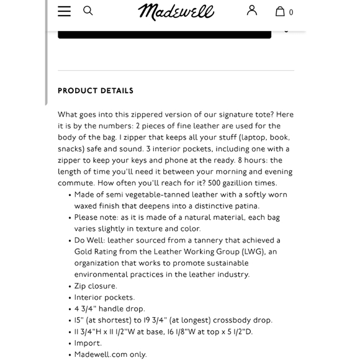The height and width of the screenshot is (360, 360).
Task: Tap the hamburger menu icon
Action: [x=64, y=11]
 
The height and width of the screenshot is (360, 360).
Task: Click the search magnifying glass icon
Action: [x=88, y=11]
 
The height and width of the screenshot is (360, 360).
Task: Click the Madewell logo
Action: [x=176, y=11]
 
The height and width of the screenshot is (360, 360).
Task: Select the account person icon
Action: [x=252, y=11]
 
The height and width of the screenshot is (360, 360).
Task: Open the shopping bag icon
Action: [x=281, y=11]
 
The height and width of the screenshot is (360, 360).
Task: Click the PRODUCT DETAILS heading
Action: [x=96, y=91]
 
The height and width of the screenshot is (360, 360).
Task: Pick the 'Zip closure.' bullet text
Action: [x=96, y=286]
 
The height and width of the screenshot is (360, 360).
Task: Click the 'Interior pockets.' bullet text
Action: [x=104, y=297]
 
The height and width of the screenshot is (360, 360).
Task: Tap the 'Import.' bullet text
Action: [x=88, y=343]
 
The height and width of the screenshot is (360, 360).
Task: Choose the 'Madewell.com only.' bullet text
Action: [x=110, y=354]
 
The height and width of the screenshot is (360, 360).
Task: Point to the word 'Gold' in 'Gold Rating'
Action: [x=85, y=252]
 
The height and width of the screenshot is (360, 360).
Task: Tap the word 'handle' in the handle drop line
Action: [x=110, y=309]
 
